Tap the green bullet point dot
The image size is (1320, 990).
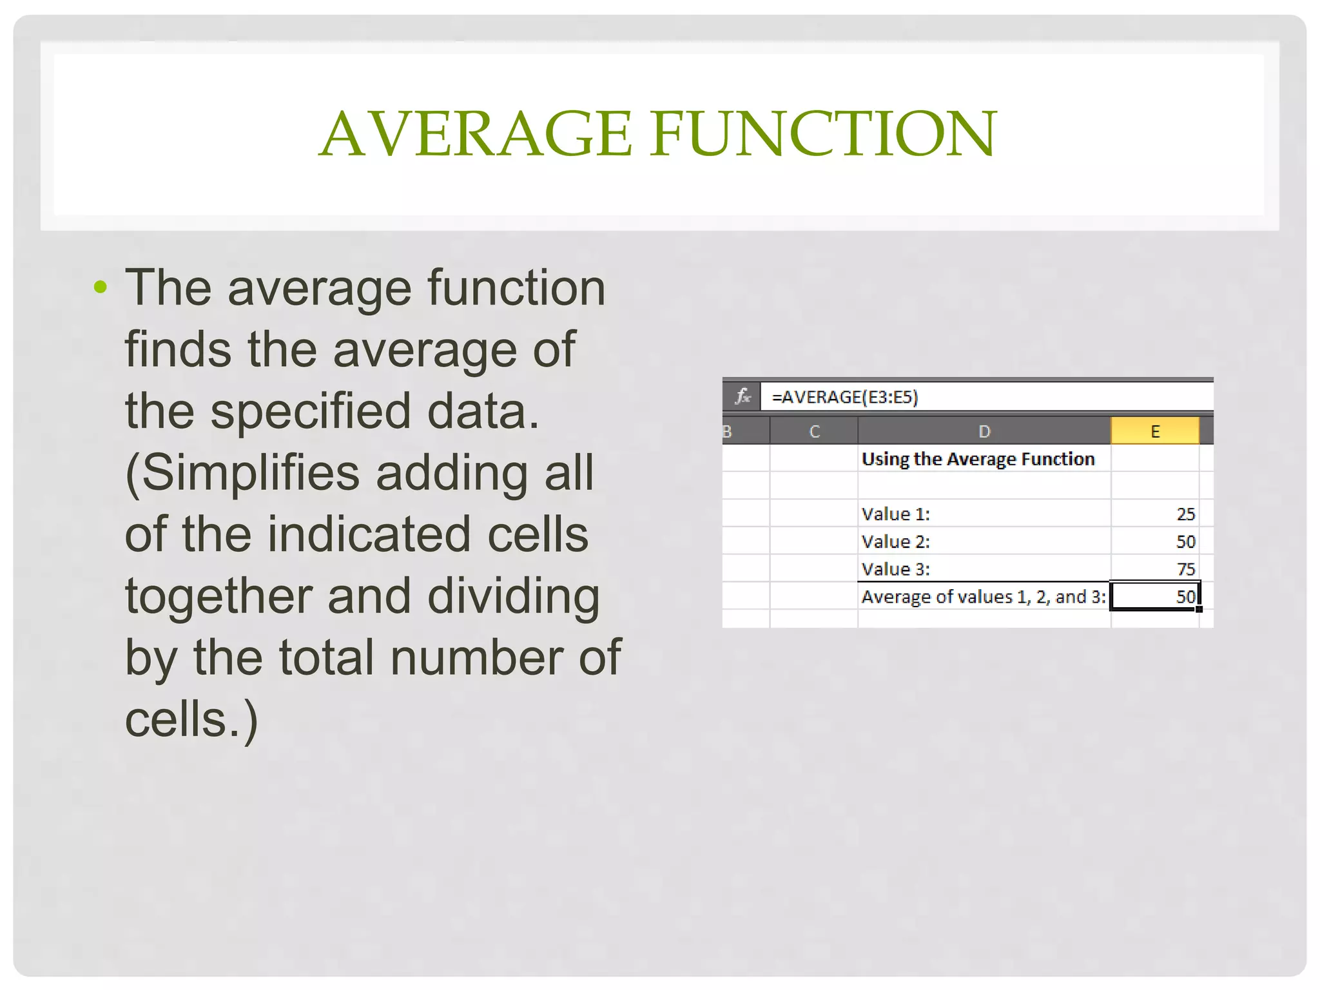100,286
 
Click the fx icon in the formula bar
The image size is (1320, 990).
742,396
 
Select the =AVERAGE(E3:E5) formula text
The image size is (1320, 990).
844,397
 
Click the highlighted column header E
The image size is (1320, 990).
1154,431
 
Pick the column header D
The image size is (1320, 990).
984,431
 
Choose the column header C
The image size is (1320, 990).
814,431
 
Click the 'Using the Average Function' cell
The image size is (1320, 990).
978,459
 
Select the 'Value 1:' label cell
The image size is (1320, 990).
896,514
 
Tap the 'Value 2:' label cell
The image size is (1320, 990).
896,542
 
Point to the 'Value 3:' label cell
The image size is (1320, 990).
896,570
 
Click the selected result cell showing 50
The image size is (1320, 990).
1155,597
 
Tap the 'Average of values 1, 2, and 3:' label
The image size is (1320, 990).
984,597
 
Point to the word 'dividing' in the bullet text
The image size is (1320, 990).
513,596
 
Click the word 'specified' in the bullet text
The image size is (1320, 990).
311,411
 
